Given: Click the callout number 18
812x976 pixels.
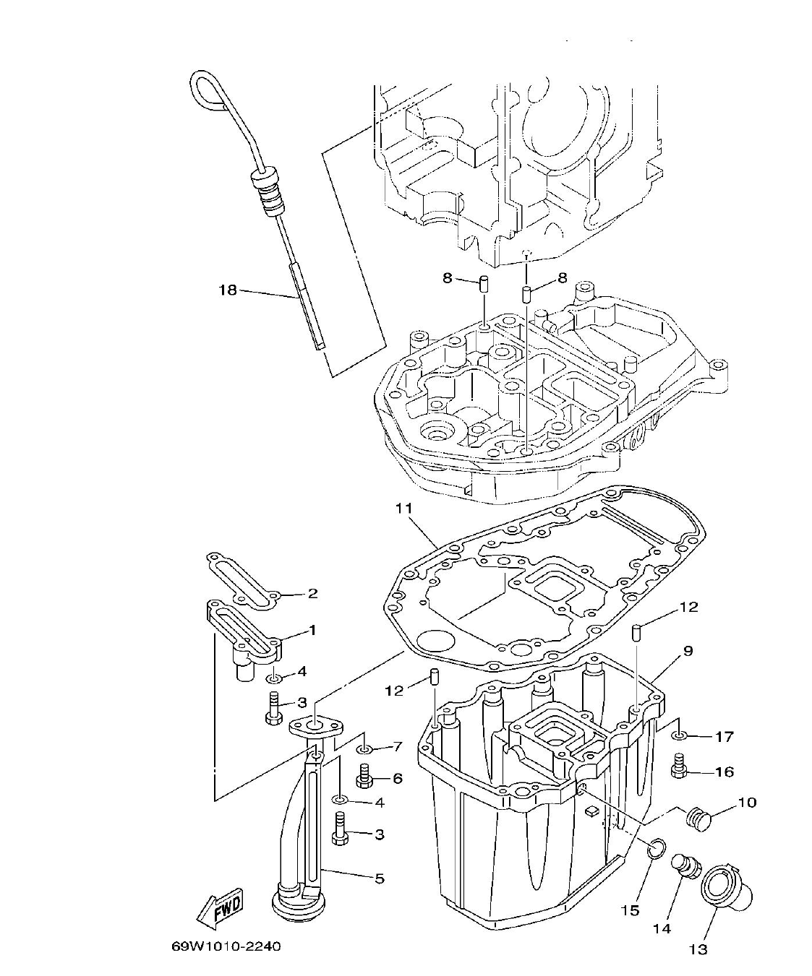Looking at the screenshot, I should point(227,290).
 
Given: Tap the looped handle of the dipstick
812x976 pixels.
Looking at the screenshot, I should point(207,89).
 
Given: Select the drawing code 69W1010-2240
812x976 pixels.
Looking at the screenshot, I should point(226,946).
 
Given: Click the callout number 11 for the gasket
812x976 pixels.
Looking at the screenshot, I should point(403,509).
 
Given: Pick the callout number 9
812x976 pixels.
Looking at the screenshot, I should point(688,652).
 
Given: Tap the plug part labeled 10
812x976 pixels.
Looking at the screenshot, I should point(698,819).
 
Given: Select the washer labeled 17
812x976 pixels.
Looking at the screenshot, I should point(678,735).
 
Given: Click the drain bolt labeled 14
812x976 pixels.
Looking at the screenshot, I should point(684,867).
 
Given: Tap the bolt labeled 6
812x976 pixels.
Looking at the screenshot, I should point(364,777).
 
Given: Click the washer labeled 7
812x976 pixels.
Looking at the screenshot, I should point(364,746).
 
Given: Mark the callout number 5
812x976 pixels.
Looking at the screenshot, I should point(380,879).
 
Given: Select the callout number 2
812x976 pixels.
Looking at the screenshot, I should point(312,594).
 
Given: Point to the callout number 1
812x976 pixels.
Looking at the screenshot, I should point(312,631).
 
